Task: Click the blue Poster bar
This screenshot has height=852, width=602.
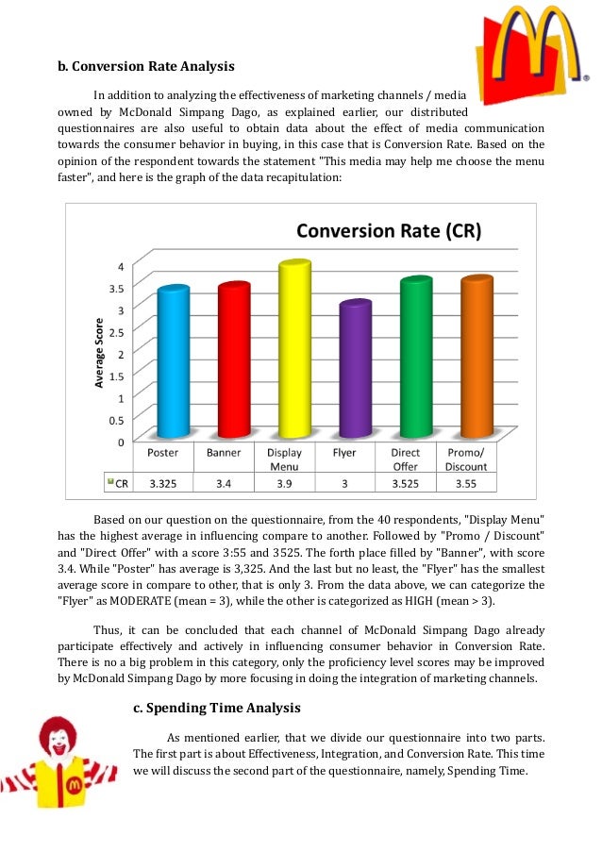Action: pos(173,362)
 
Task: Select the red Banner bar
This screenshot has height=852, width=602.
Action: pos(232,360)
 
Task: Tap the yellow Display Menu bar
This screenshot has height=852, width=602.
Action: pos(292,349)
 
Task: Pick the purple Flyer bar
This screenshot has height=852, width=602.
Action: pos(354,370)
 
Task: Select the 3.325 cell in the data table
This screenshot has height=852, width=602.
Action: pos(162,482)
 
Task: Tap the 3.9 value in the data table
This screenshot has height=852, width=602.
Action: pos(282,482)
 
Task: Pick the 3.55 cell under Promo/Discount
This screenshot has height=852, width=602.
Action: pos(466,482)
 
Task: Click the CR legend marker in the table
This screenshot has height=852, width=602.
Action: pos(110,481)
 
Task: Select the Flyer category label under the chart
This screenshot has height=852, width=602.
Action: pos(344,453)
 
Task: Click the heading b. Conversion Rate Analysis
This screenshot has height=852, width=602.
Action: pos(145,67)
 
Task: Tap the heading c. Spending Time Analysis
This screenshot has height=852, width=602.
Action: pos(216,708)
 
